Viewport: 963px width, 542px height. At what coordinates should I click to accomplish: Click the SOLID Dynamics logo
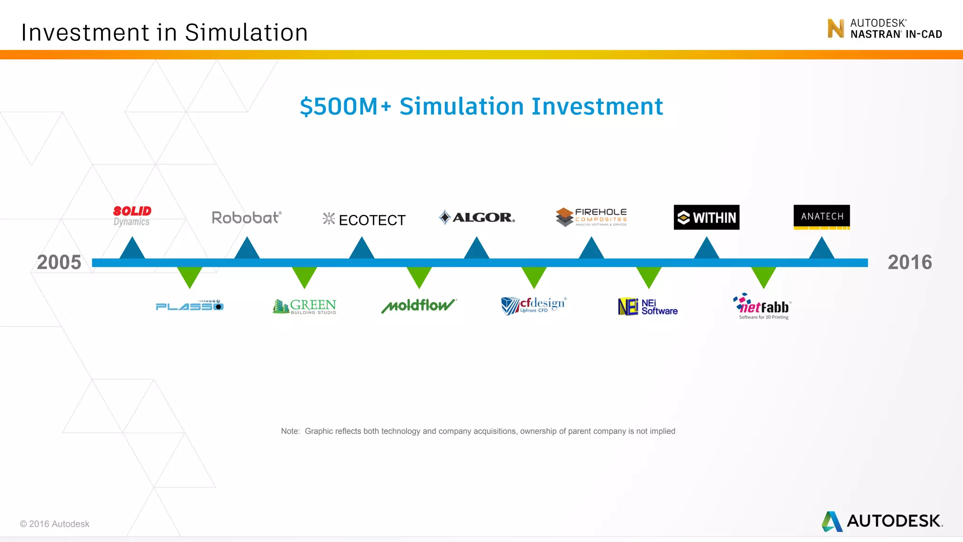(132, 216)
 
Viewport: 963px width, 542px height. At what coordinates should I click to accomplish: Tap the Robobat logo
(246, 217)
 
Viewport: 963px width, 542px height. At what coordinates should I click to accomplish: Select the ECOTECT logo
(364, 219)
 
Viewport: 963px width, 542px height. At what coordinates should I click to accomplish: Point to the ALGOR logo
(477, 217)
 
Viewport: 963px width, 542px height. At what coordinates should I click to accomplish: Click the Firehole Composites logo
(592, 217)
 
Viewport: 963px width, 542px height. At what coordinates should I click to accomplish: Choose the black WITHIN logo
(706, 217)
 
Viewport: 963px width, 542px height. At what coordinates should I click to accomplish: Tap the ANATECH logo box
(821, 216)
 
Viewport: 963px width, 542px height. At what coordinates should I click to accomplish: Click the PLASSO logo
(189, 306)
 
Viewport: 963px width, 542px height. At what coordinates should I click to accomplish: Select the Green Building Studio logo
(305, 306)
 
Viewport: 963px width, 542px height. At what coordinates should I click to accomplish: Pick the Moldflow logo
(418, 306)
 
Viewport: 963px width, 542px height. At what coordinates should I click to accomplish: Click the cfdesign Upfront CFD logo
(534, 306)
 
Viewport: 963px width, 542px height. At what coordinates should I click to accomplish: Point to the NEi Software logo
(648, 307)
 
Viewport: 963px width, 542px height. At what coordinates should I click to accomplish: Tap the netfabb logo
(763, 306)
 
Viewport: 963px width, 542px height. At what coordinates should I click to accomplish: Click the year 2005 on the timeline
(59, 263)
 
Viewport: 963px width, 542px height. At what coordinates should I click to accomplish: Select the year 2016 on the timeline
(909, 263)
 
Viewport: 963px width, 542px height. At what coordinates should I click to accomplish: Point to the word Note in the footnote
(290, 431)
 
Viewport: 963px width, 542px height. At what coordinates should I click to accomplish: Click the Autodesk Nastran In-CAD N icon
(836, 28)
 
